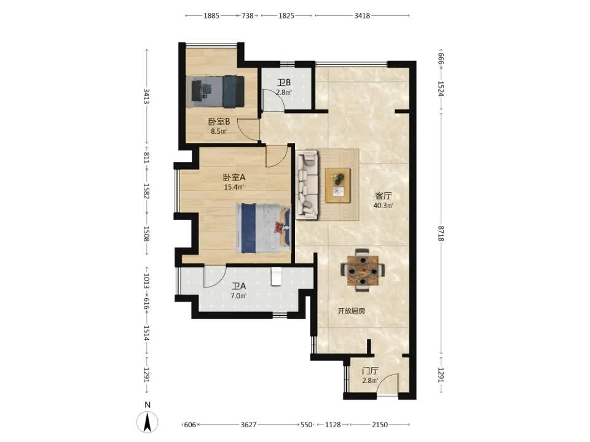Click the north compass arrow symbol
pyautogui.click(x=147, y=422)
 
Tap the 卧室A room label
pyautogui.click(x=234, y=177)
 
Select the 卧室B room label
pyautogui.click(x=219, y=122)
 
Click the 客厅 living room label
pyautogui.click(x=383, y=196)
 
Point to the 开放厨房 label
pyautogui.click(x=351, y=311)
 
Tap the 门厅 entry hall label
pyautogui.click(x=370, y=371)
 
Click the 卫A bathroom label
pyautogui.click(x=239, y=286)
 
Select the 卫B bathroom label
pyautogui.click(x=284, y=82)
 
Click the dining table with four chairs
pyautogui.click(x=363, y=270)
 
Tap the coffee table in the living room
pyautogui.click(x=338, y=185)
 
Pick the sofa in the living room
pyautogui.click(x=307, y=185)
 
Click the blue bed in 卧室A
pyautogui.click(x=264, y=228)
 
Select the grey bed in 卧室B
pyautogui.click(x=215, y=91)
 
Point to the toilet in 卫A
pyautogui.click(x=276, y=277)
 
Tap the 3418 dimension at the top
pyautogui.click(x=362, y=16)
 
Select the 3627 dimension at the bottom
pyautogui.click(x=248, y=425)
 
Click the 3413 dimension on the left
pyautogui.click(x=147, y=96)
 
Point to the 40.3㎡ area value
pyautogui.click(x=383, y=206)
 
